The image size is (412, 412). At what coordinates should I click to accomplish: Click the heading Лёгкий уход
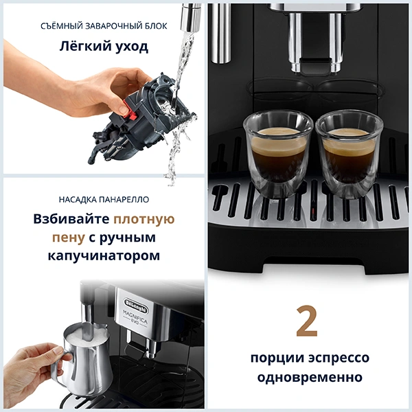pos(102,49)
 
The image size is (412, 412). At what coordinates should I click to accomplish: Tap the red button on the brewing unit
pos(123,108)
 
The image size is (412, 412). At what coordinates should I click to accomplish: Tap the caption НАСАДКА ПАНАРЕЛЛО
pos(103,200)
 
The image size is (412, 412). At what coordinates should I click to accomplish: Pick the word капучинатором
pos(103,256)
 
